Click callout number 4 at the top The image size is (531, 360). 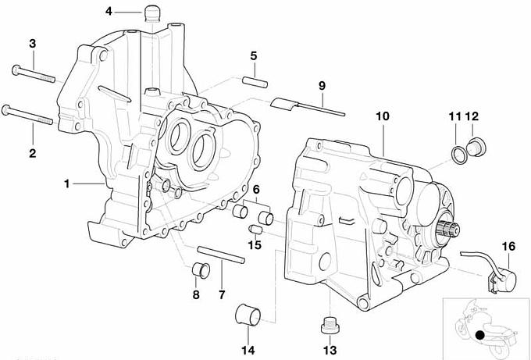click(108, 11)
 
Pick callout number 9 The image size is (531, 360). click(320, 84)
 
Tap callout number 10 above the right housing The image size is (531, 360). click(382, 116)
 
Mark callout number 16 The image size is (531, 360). click(508, 247)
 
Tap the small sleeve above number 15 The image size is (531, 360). click(254, 229)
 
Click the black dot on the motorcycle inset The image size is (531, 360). click(478, 335)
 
